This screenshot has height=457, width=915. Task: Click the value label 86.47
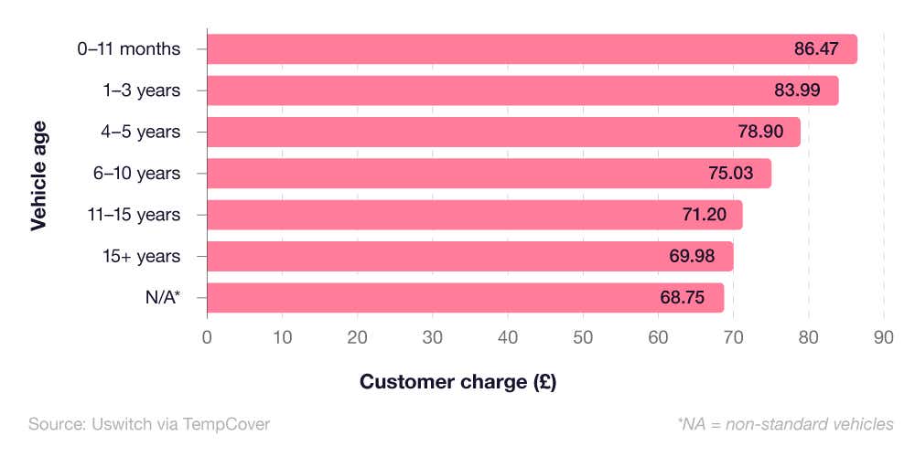816,49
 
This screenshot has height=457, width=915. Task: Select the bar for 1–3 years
522,90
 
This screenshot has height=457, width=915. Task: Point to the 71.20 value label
702,215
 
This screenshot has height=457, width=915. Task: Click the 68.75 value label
683,297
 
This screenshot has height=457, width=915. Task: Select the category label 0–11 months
129,49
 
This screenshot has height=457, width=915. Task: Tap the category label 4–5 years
141,132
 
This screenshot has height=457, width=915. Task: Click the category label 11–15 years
135,215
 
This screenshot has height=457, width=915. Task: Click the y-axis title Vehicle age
38,174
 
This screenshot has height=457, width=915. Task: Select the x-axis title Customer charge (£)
457,382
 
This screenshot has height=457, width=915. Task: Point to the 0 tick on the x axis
208,336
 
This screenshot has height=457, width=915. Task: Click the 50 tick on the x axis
583,336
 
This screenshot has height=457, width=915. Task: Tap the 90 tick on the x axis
883,336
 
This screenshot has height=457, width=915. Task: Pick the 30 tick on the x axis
433,336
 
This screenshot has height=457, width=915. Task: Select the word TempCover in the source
228,424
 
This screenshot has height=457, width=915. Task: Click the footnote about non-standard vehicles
785,424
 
